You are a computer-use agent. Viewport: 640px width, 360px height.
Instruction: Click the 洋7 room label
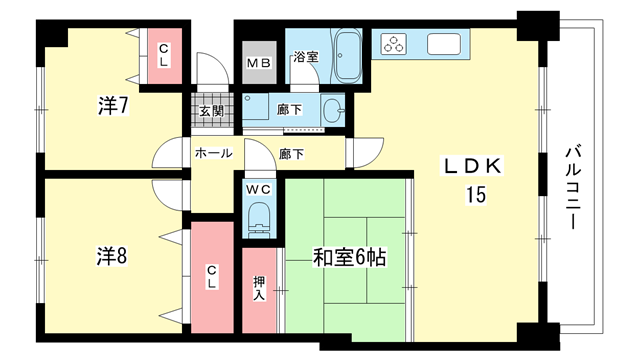pyautogui.click(x=113, y=105)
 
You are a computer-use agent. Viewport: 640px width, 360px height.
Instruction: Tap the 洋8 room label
pyautogui.click(x=112, y=256)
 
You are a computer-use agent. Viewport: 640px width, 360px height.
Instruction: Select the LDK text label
pyautogui.click(x=472, y=166)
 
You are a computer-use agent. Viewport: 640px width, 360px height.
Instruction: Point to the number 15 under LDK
pyautogui.click(x=476, y=195)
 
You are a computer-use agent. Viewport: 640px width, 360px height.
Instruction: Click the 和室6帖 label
pyautogui.click(x=349, y=257)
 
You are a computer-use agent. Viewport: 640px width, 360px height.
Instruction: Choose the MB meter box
pyautogui.click(x=259, y=63)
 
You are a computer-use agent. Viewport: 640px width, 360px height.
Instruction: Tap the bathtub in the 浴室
pyautogui.click(x=348, y=56)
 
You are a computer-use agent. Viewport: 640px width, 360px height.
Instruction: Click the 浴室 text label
pyautogui.click(x=306, y=57)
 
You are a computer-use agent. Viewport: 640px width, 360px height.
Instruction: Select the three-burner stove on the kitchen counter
pyautogui.click(x=394, y=44)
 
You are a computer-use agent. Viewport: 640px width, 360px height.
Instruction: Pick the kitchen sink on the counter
pyautogui.click(x=444, y=44)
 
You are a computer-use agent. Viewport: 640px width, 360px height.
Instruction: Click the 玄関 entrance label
pyautogui.click(x=212, y=111)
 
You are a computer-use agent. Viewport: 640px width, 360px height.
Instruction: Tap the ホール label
pyautogui.click(x=213, y=153)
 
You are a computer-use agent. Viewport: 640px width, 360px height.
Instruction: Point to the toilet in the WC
pyautogui.click(x=259, y=220)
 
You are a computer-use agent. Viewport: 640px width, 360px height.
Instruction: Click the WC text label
pyautogui.click(x=259, y=189)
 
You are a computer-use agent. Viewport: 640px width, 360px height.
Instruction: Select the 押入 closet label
pyautogui.click(x=259, y=288)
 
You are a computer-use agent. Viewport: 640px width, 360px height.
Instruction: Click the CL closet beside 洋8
pyautogui.click(x=212, y=277)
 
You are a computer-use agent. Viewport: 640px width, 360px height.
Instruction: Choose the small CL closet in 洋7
pyautogui.click(x=164, y=56)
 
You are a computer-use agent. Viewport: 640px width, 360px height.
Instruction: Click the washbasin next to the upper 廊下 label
pyautogui.click(x=333, y=110)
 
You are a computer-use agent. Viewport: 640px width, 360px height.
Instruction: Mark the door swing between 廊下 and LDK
pyautogui.click(x=364, y=153)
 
